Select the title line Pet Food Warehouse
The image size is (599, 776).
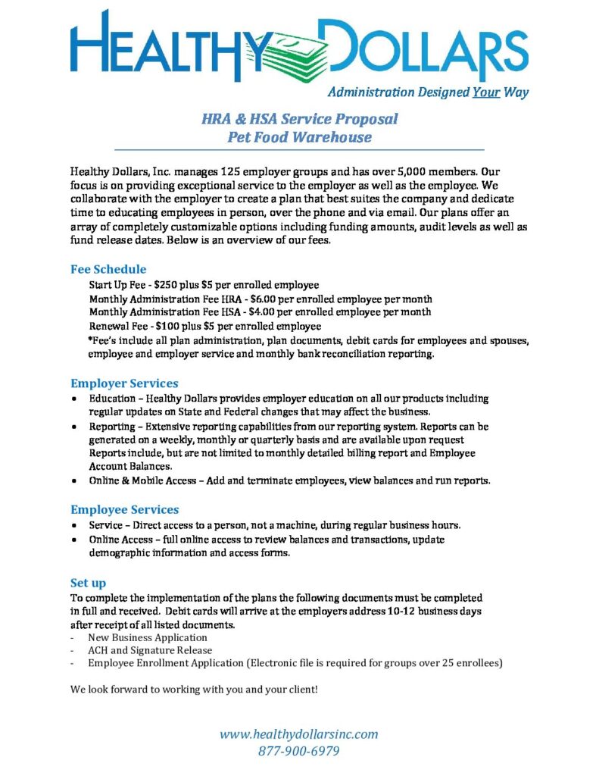click(299, 137)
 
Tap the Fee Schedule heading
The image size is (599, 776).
click(108, 269)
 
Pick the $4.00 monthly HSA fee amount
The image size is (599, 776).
click(265, 311)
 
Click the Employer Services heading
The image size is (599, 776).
click(124, 383)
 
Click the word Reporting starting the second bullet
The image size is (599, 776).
click(113, 426)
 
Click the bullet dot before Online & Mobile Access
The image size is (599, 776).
click(73, 480)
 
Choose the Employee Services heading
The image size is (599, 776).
click(124, 509)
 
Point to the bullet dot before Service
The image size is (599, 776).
click(73, 525)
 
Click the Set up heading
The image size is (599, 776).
click(88, 583)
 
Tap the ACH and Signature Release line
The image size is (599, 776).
click(150, 650)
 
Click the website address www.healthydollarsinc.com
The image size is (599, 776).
click(298, 734)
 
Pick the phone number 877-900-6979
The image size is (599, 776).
click(298, 751)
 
